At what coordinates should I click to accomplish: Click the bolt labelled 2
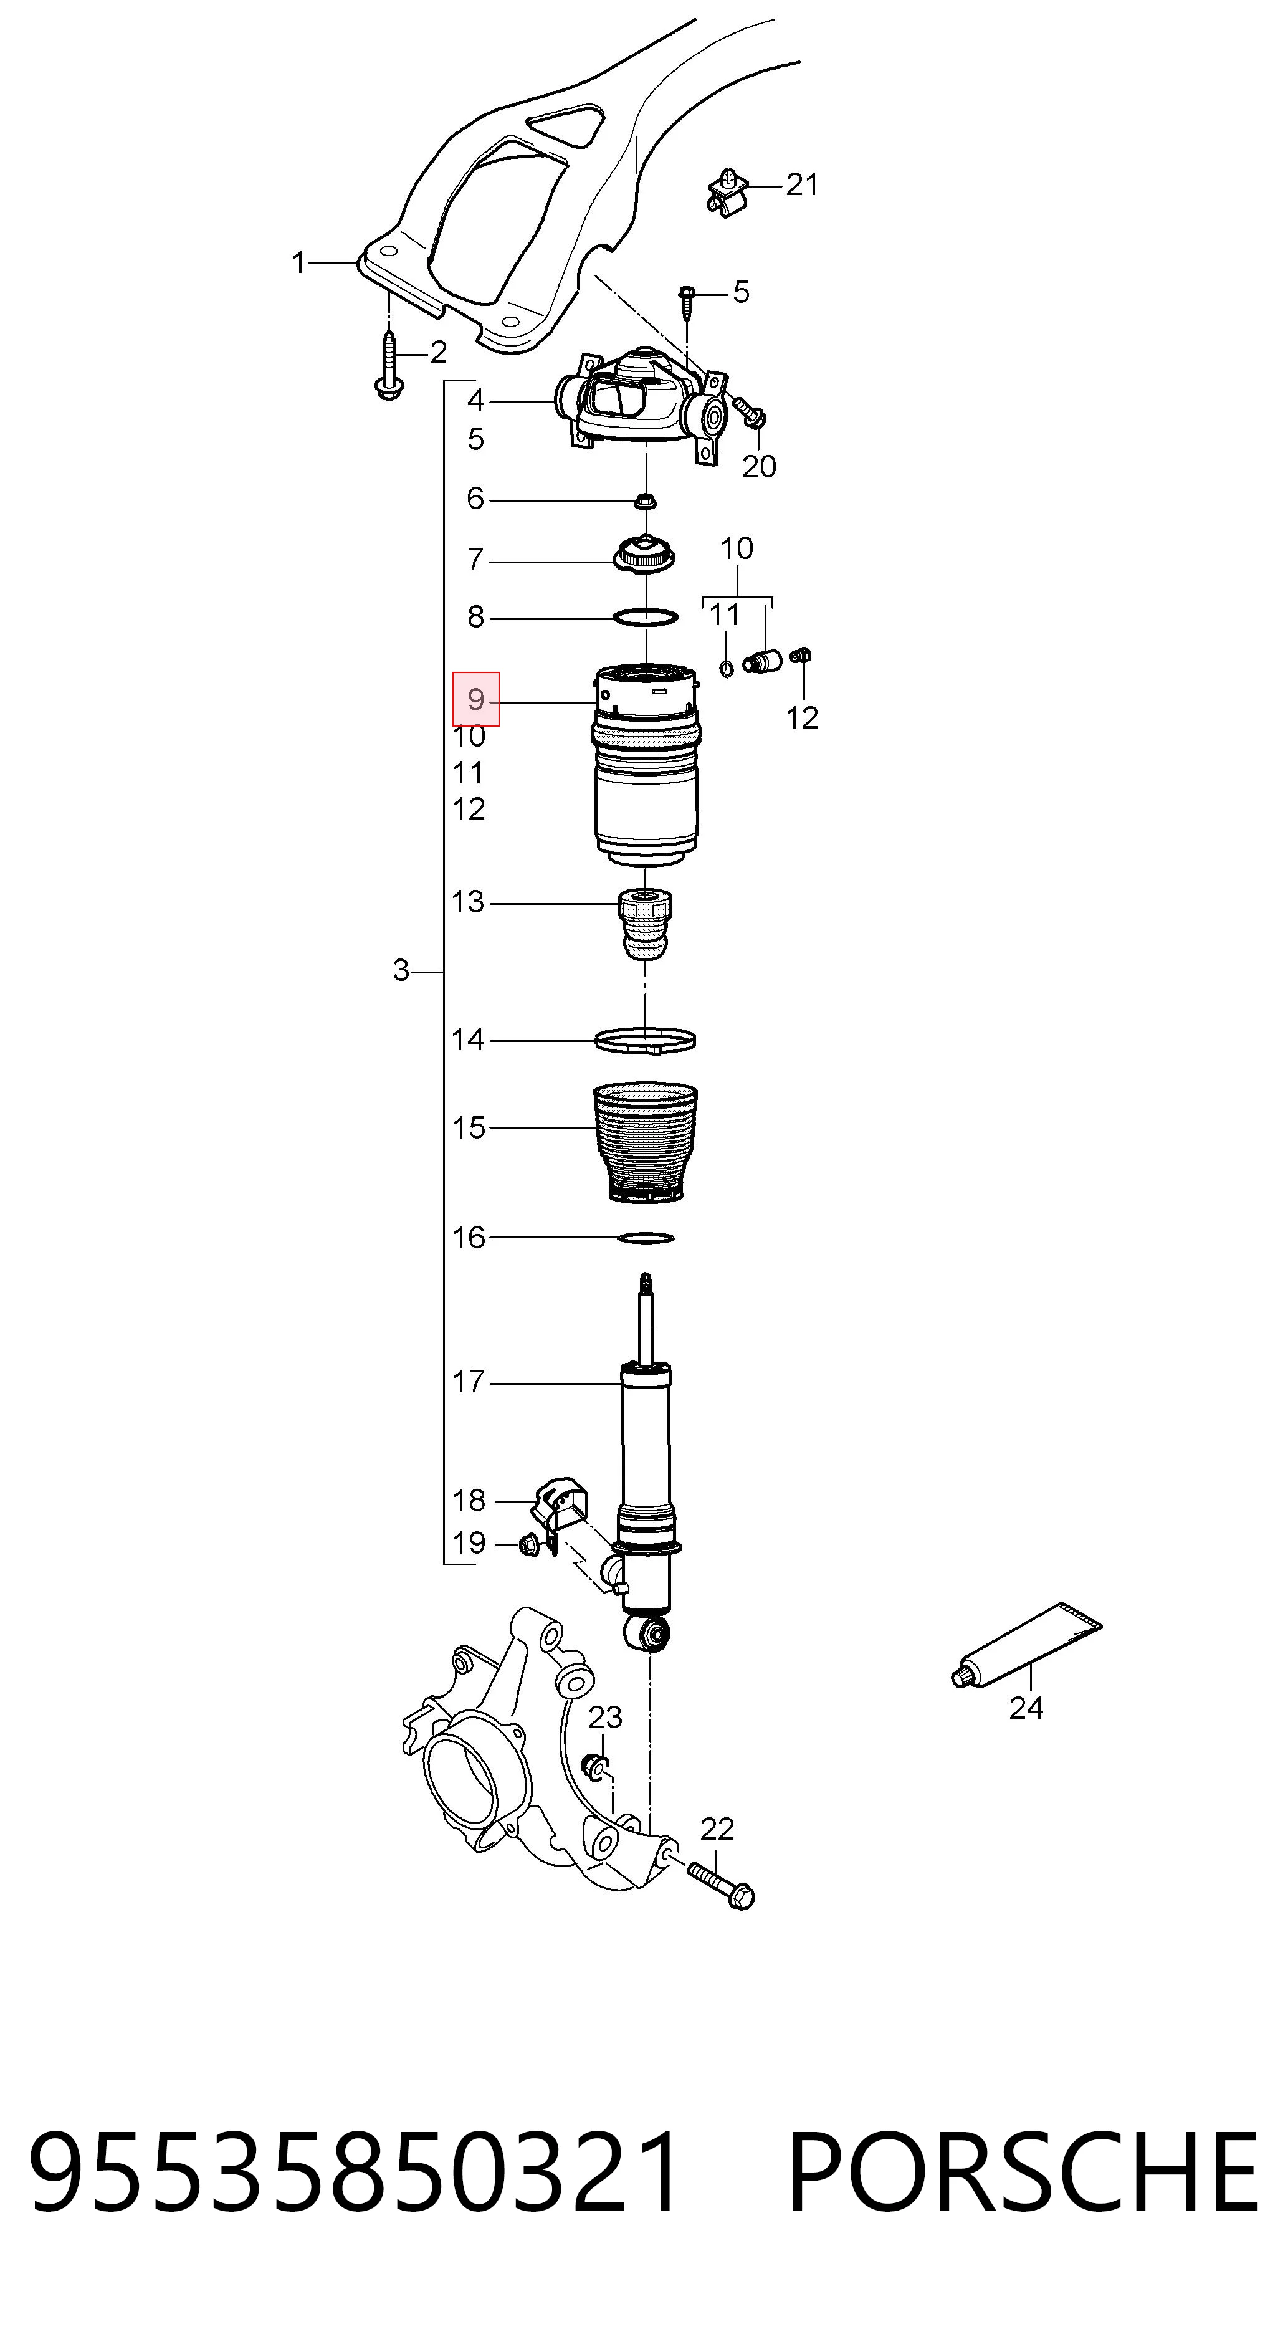pos(389,366)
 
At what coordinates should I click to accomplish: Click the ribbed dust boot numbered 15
pos(645,1142)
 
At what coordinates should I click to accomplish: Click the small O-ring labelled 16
pos(646,1237)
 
